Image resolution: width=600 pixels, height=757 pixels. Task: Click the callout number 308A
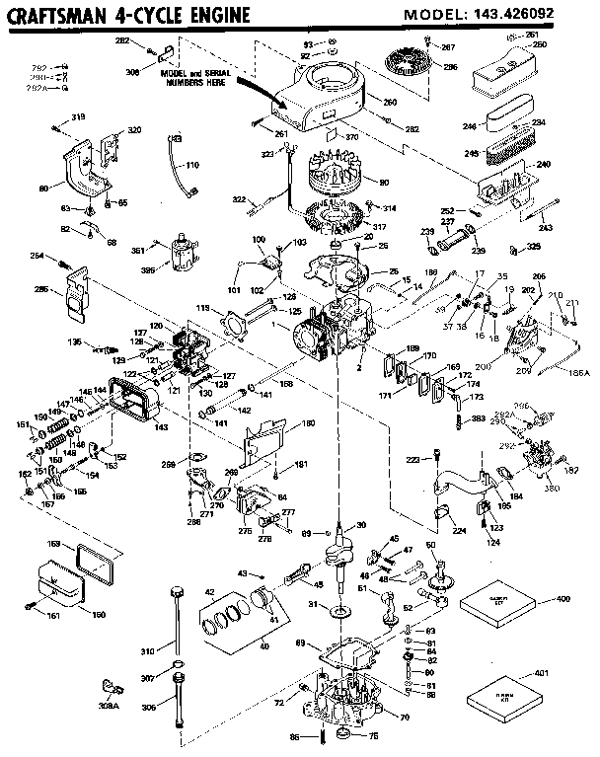pos(110,707)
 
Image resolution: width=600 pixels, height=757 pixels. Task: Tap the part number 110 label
pos(191,165)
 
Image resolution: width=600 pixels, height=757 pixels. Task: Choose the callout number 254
pos(64,258)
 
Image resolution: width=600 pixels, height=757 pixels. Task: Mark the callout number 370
pos(350,141)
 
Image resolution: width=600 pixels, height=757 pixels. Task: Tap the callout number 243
pos(546,230)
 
